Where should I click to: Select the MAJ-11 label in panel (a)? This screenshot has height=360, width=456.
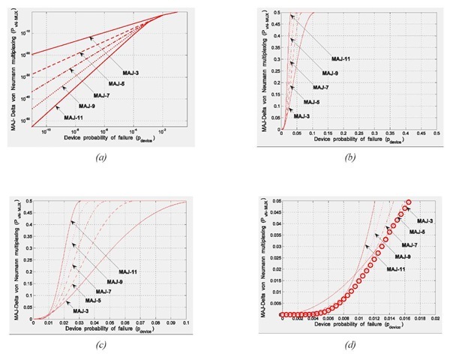[73, 118]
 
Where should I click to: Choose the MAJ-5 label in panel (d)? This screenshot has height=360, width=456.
[420, 232]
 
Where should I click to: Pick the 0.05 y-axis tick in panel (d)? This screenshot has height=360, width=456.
[271, 201]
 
